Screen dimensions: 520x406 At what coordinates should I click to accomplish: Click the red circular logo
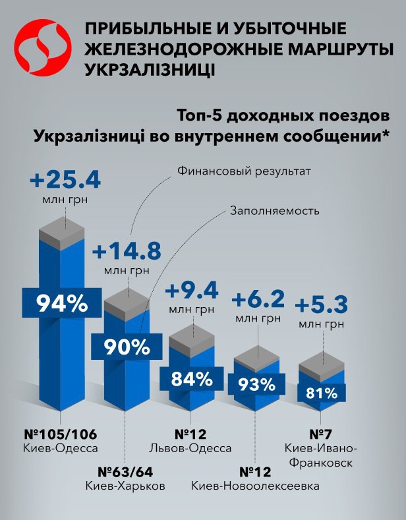(x=43, y=47)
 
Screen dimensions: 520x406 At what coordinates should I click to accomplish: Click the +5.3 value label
(x=320, y=306)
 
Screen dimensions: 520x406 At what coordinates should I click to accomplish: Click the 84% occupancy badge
(x=190, y=379)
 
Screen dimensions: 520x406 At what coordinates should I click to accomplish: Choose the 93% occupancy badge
(x=257, y=384)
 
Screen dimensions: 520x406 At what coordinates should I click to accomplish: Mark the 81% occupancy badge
(x=321, y=393)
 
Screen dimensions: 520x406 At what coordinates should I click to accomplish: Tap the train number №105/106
(x=60, y=434)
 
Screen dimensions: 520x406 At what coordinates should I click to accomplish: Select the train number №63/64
(x=125, y=472)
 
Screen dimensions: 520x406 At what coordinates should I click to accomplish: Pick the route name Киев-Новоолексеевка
(x=256, y=486)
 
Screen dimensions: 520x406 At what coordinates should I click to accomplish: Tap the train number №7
(x=320, y=434)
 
